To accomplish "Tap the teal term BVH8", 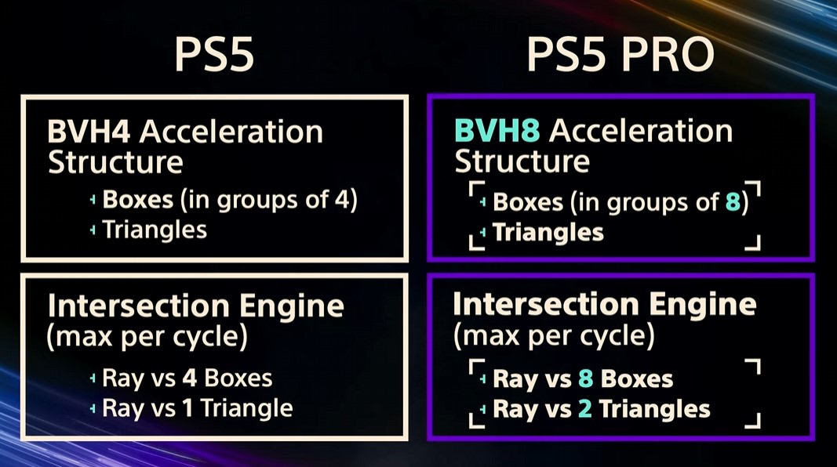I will click(x=499, y=130).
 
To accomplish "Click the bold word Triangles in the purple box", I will click(x=548, y=232).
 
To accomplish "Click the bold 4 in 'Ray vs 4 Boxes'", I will click(x=189, y=378).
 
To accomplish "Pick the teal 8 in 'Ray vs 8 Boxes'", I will click(x=584, y=379).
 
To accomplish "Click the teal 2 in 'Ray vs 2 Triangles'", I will click(x=584, y=408).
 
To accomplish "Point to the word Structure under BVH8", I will click(x=522, y=161).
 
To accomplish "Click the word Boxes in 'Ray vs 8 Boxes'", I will click(x=636, y=379).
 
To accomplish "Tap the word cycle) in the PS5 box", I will click(x=211, y=338).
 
